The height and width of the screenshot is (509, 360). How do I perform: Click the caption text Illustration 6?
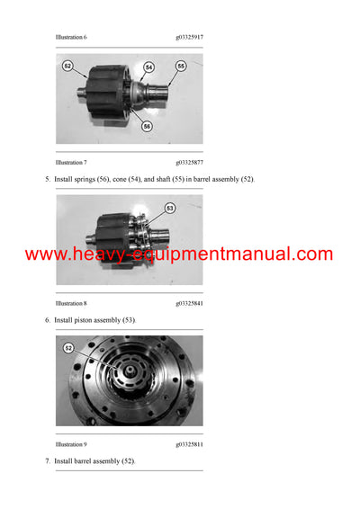(x=71, y=37)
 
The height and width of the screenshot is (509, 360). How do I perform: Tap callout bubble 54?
(x=148, y=67)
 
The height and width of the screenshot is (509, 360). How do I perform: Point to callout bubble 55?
(x=180, y=66)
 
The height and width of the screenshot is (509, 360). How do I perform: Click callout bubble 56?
(x=147, y=126)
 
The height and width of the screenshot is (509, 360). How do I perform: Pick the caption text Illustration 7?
(x=71, y=163)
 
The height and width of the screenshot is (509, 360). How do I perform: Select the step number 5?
(x=48, y=180)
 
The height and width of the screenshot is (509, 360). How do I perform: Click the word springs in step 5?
(x=94, y=180)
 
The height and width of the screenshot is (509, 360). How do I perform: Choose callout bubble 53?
(x=170, y=209)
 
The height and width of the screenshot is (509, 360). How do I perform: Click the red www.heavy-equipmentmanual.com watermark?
(x=179, y=254)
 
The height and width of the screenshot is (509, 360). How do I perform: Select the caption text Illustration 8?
(x=71, y=303)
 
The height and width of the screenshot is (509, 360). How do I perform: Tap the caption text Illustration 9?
(x=71, y=444)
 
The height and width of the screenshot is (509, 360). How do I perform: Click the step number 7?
(x=48, y=461)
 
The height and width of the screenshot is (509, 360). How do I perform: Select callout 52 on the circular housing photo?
(x=67, y=347)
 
